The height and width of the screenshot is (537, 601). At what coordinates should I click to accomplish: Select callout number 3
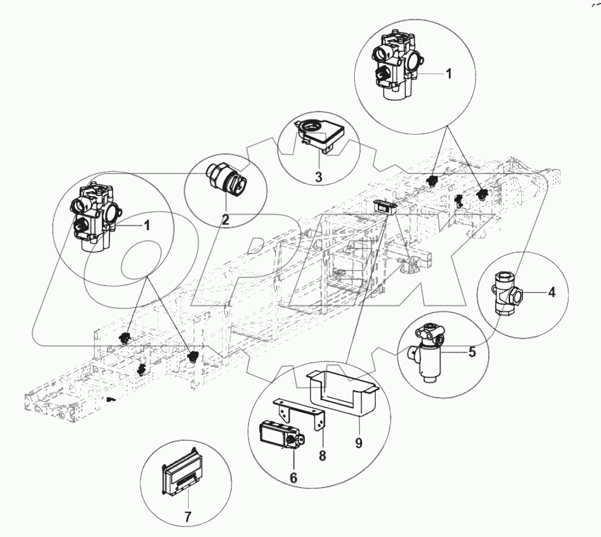point(318,176)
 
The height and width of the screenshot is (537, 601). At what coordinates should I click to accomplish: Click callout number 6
point(294,478)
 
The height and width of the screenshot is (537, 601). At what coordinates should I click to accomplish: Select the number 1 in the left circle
point(148,225)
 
